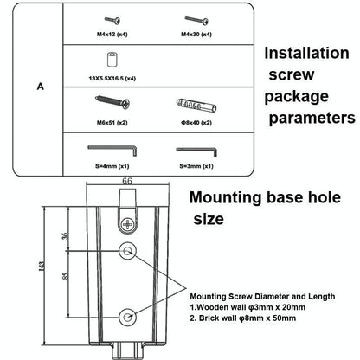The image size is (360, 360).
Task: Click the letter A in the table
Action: [41, 87]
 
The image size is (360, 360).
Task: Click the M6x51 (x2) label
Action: [112, 123]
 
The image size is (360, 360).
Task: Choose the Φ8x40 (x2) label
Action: [196, 123]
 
